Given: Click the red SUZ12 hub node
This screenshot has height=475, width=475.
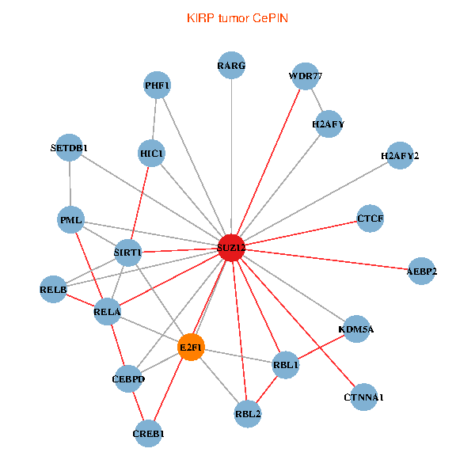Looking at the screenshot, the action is coord(231,248).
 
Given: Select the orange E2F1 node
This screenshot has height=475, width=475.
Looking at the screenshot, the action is coord(191,348).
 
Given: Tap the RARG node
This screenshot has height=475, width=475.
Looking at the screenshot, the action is coord(231,65).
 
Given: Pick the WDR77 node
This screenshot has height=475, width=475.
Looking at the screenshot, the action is coord(306,76).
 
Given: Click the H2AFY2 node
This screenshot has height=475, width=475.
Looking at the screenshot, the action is coord(400,155).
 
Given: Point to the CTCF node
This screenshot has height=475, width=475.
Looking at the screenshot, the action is coord(370,218).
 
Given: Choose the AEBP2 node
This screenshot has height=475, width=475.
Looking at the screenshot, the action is coord(421,271).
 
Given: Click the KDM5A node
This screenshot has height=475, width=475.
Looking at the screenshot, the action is coord(356,329).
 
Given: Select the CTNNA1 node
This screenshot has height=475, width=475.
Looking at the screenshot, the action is coord(364,397).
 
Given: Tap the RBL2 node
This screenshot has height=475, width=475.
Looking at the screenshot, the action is coord(248,414).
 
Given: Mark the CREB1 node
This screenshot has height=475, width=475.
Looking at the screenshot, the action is coord(148,434).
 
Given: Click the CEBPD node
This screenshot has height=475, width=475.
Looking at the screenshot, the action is coord(128,378).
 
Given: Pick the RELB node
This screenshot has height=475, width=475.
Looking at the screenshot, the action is coord(53,289).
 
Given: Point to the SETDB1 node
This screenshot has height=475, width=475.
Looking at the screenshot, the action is coord(70,147).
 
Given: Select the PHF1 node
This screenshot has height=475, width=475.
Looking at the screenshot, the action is coord(157,85).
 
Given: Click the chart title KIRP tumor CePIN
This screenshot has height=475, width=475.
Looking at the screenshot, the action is coord(237,18).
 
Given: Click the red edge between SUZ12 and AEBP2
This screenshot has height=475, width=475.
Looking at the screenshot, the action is coord(326,260).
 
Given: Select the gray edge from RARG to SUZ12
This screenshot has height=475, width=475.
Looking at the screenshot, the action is coord(231,156).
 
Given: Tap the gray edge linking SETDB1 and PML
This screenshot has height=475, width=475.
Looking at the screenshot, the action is coord(70,184).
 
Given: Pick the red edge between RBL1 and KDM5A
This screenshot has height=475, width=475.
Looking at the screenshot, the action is coord(321,347).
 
